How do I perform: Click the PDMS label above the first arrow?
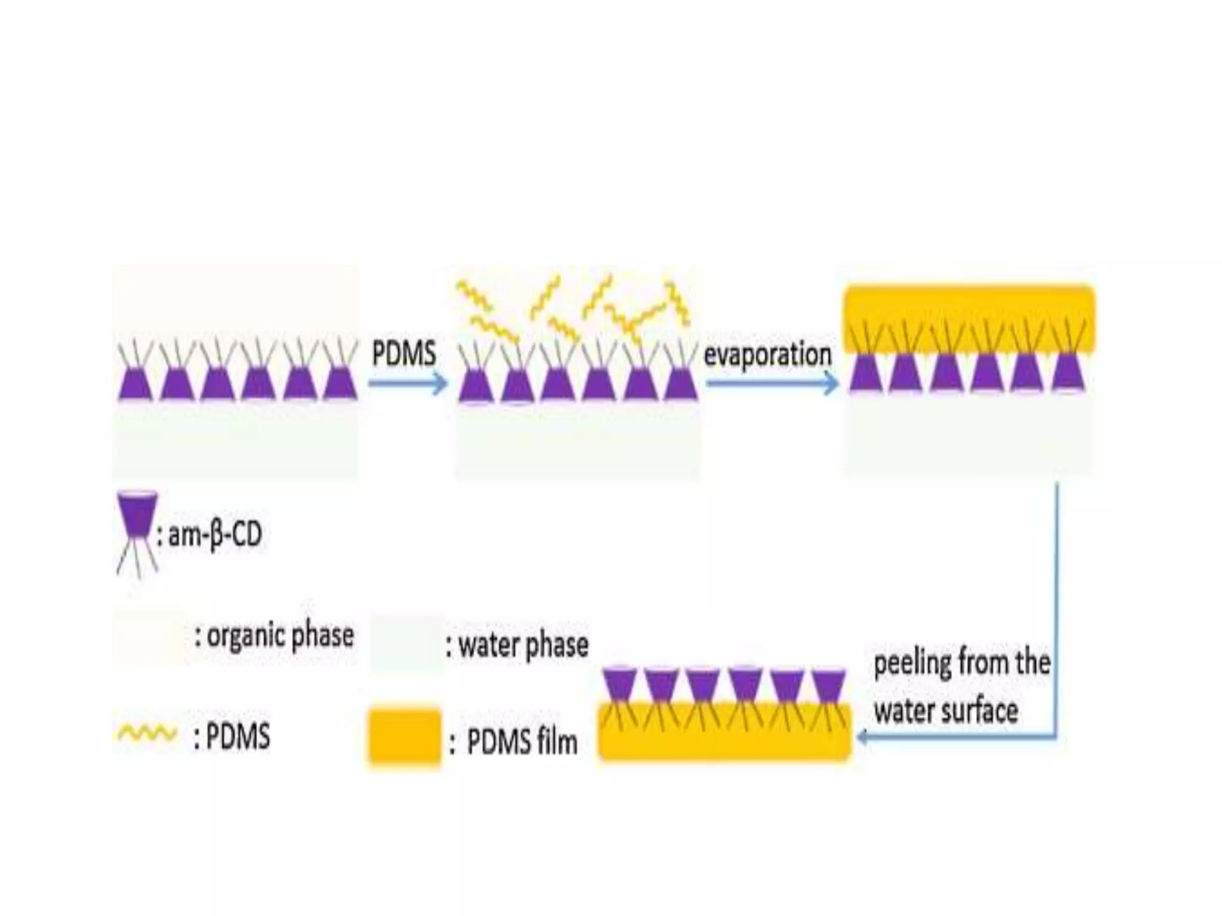(404, 354)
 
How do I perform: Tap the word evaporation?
(767, 355)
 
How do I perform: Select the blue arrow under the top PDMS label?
(408, 383)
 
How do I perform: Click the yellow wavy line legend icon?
(147, 734)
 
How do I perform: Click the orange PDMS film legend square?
(405, 736)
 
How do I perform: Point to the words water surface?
(946, 711)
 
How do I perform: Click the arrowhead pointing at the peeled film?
(863, 738)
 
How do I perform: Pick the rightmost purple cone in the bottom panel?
(829, 686)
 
